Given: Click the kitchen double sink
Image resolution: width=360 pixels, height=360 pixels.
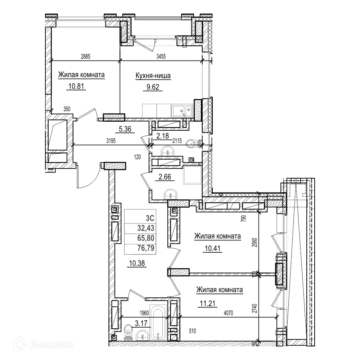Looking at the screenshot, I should pyautogui.click(x=182, y=110).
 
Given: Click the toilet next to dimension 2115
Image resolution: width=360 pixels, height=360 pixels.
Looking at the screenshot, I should pyautogui.click(x=194, y=144).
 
